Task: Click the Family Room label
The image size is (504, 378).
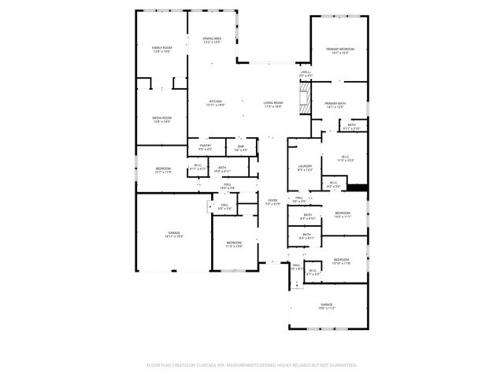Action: click(x=161, y=50)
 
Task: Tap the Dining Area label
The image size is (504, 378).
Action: click(x=212, y=39)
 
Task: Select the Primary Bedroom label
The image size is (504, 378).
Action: click(x=340, y=50)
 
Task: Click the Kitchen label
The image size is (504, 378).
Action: click(x=215, y=103)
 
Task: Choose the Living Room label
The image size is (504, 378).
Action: click(x=273, y=103)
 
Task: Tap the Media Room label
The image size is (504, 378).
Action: click(x=161, y=119)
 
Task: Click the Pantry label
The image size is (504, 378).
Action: click(x=205, y=147)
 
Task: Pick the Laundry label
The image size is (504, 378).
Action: click(x=306, y=168)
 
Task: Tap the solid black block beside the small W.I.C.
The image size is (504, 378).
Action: click(x=358, y=187)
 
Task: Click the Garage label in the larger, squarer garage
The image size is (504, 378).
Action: click(x=173, y=234)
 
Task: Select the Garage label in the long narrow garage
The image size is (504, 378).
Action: click(x=326, y=306)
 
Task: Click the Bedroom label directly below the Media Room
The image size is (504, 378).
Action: click(x=163, y=170)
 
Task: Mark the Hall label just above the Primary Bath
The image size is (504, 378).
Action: click(x=306, y=74)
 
